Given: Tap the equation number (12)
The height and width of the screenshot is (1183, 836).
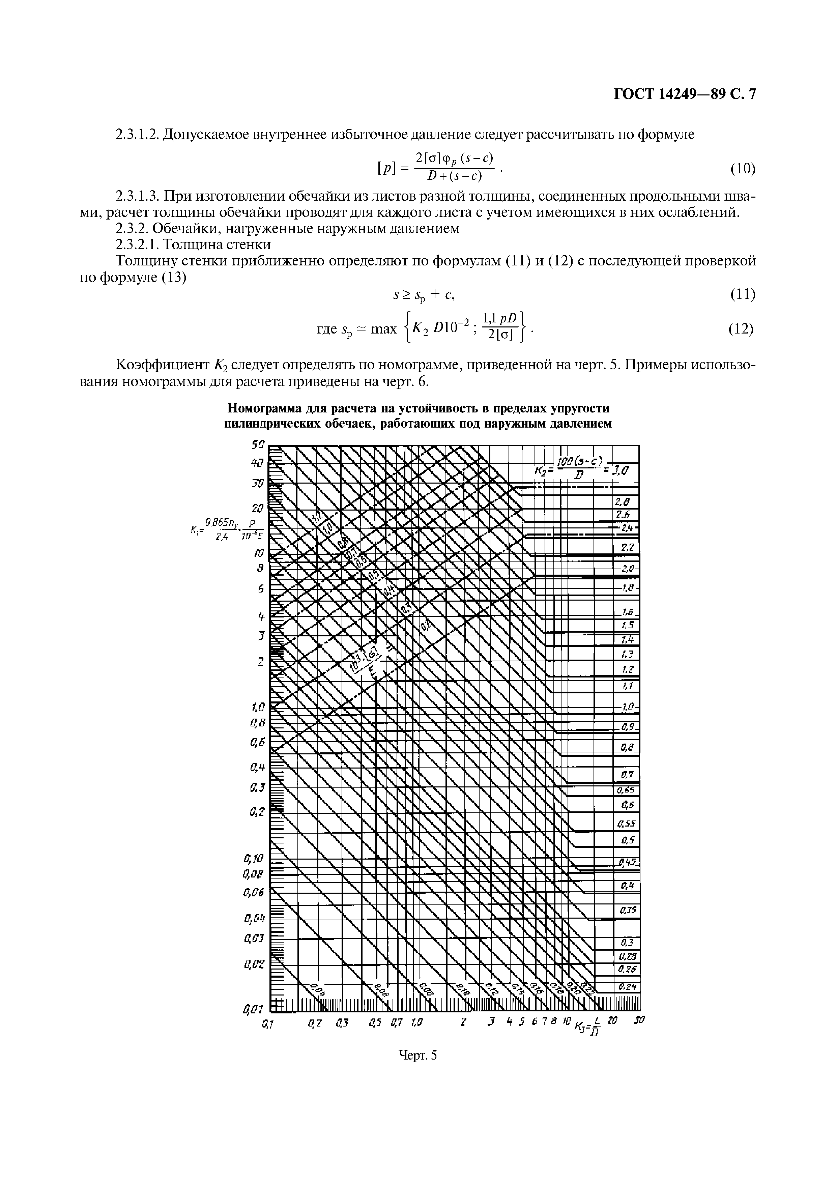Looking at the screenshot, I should click(x=742, y=329).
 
